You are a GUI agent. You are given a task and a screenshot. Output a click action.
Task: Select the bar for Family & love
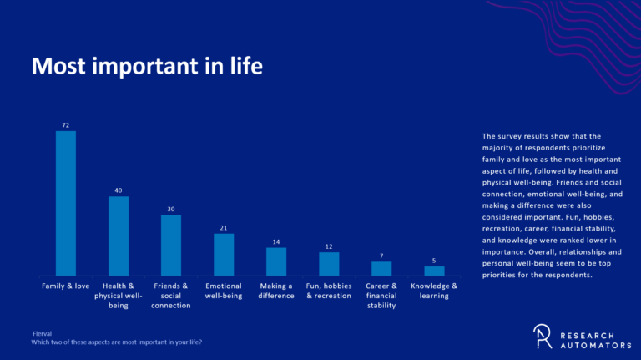click(66, 203)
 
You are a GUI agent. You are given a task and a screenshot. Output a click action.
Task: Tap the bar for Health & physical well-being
click(119, 236)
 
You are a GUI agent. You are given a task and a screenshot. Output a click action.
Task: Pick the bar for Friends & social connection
click(171, 245)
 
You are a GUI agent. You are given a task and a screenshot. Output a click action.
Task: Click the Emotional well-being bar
click(224, 254)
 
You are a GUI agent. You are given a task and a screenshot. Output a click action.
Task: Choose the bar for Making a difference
click(276, 261)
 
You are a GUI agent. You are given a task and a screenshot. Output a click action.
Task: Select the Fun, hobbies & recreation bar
click(329, 263)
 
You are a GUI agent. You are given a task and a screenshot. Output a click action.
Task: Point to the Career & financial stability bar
click(381, 268)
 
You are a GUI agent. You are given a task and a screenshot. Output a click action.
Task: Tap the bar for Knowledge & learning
click(434, 271)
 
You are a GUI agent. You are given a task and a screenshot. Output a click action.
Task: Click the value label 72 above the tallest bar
click(66, 124)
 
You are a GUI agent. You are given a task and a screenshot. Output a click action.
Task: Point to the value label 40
click(119, 190)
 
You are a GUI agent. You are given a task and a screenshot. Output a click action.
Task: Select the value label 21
click(224, 227)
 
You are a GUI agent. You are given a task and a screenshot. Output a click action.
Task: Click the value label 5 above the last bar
click(434, 261)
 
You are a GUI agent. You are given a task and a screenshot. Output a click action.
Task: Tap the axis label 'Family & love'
click(66, 286)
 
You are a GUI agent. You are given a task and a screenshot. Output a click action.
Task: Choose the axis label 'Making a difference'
click(276, 291)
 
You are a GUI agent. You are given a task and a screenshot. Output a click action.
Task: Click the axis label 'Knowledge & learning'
click(434, 291)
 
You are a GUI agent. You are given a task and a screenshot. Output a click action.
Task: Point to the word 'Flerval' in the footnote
click(42, 333)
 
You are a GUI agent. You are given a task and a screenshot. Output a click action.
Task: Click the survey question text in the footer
click(116, 342)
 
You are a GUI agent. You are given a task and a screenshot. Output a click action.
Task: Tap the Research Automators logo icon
click(543, 335)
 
